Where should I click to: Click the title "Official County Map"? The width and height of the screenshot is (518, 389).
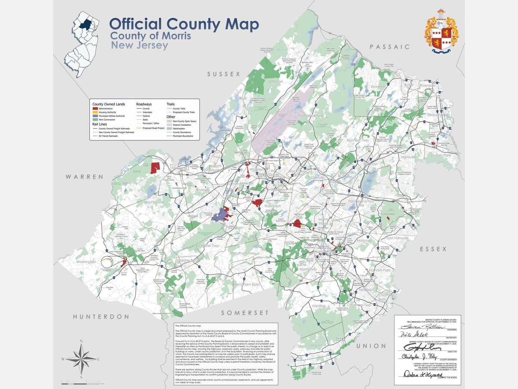(x=184, y=24)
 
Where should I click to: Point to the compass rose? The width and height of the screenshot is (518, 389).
(x=81, y=359)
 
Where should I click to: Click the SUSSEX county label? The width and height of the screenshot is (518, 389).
(x=223, y=74)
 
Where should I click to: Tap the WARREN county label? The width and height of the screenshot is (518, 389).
(x=85, y=177)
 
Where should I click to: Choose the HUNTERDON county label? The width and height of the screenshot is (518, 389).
(x=101, y=316)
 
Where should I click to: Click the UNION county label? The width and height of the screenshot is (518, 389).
(x=371, y=346)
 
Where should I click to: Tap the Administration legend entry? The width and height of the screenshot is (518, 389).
(x=106, y=108)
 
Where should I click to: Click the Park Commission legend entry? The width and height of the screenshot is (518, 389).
(x=107, y=119)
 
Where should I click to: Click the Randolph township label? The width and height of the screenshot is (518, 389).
(x=273, y=206)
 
